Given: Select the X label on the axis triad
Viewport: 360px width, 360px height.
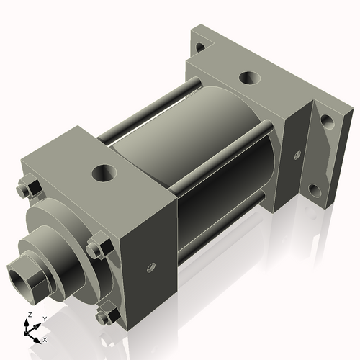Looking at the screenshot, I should (x=45, y=338).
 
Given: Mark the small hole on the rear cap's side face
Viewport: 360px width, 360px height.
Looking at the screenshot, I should (x=296, y=153).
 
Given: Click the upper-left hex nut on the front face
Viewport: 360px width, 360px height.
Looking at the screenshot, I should (x=31, y=188).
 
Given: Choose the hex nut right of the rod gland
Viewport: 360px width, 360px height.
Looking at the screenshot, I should (x=97, y=250).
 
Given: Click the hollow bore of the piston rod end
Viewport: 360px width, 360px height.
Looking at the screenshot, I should (x=19, y=276).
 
